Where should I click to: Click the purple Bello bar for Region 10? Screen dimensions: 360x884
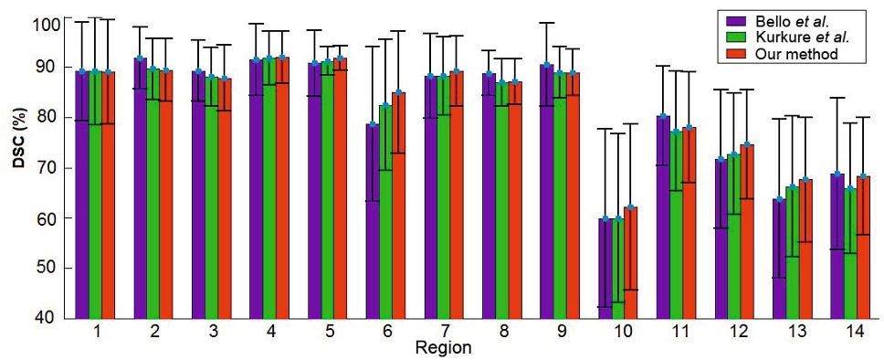coord(604,269)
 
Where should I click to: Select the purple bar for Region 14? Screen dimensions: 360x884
coord(836,246)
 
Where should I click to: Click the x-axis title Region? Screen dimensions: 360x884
coord(443,348)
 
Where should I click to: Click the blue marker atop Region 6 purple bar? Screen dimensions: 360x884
coord(373,124)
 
